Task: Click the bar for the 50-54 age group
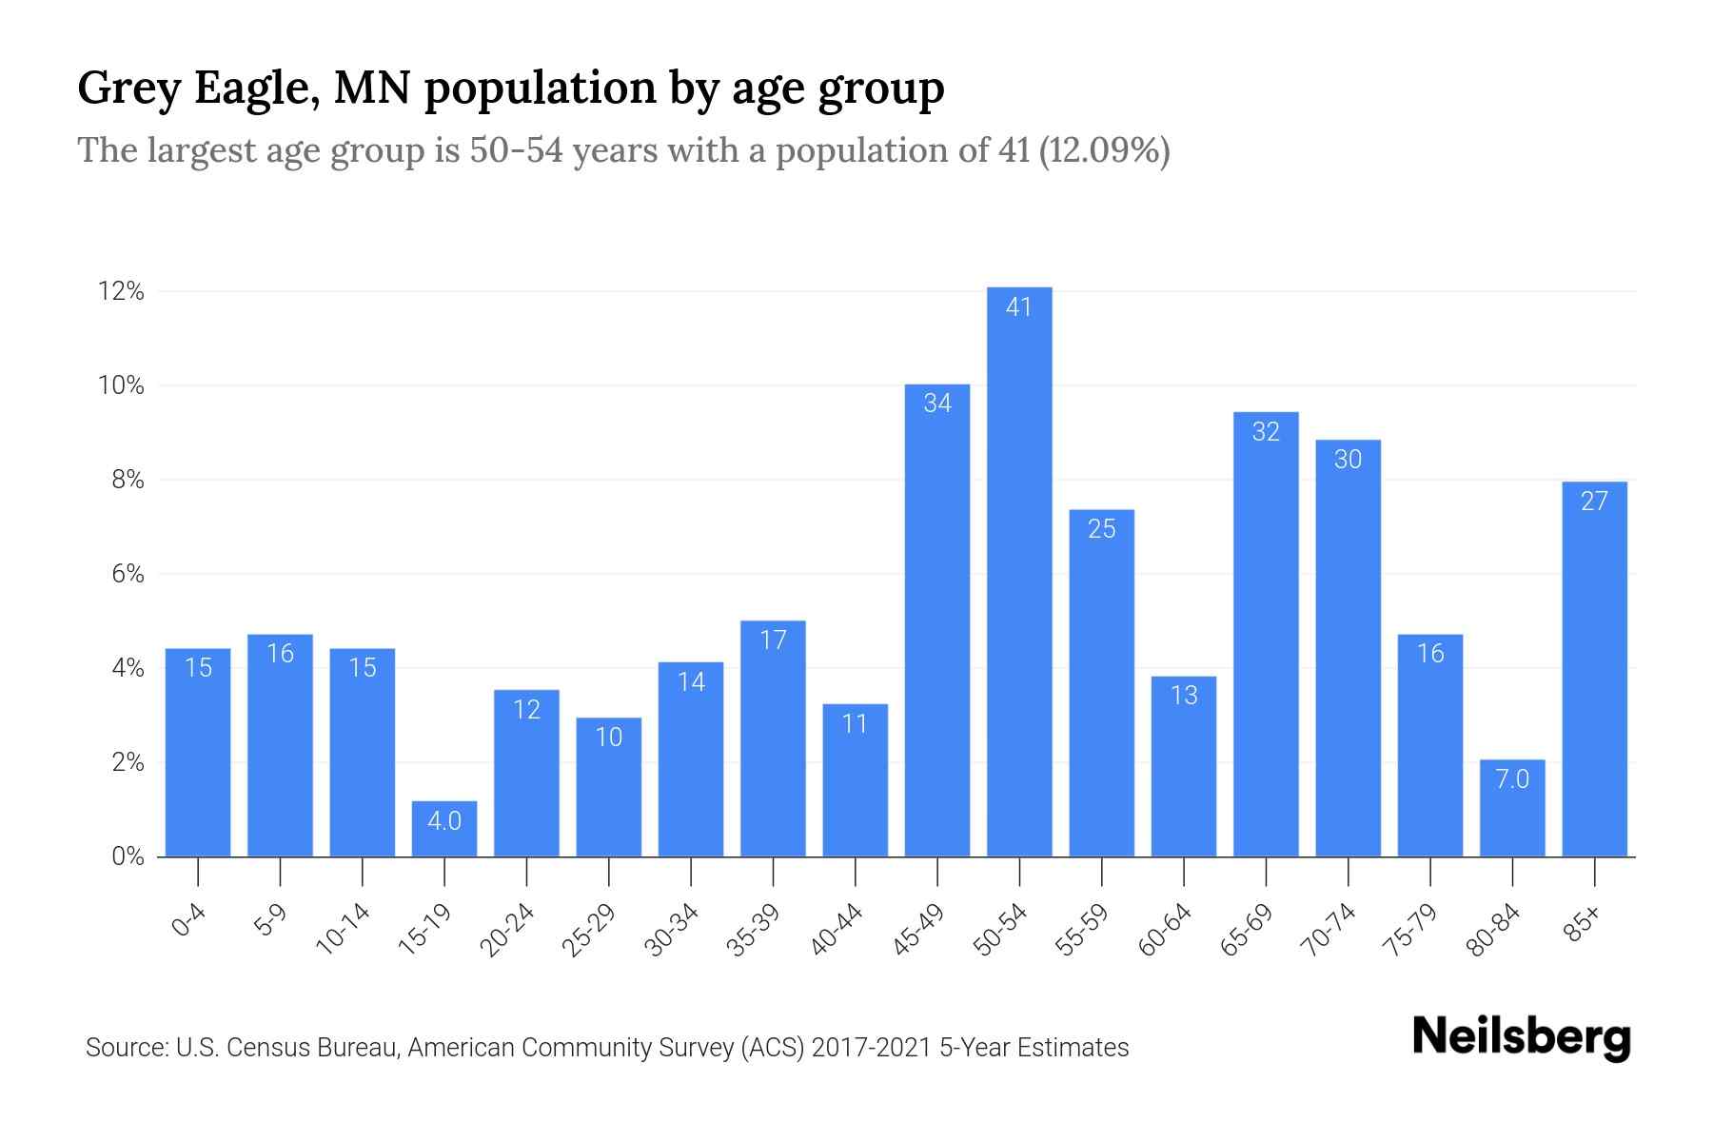[1019, 571]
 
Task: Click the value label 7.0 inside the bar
[1512, 779]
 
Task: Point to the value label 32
[1266, 432]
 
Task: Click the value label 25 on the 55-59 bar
[1101, 529]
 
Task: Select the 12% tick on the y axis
[121, 291]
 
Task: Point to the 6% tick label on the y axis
[128, 574]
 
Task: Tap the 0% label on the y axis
[128, 856]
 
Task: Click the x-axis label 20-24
[507, 930]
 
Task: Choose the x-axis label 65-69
[1247, 930]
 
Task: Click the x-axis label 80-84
[1494, 930]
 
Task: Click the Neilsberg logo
[1521, 1037]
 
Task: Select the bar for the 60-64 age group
[1183, 766]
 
